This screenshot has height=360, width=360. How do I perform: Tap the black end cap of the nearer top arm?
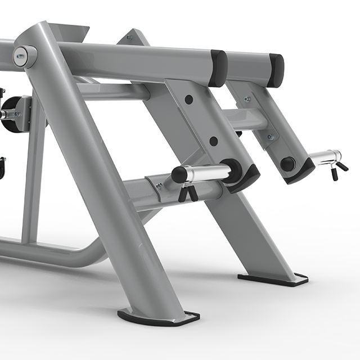click(x=218, y=68)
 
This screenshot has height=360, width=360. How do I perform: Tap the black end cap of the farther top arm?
click(x=276, y=70)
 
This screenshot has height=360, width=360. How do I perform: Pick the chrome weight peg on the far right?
click(x=325, y=157)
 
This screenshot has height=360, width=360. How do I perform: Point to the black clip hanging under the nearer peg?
click(x=187, y=193)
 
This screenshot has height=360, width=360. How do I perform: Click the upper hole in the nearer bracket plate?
click(x=188, y=100)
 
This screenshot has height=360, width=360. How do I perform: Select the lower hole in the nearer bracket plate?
click(x=213, y=141)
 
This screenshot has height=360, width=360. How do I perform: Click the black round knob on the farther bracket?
click(x=287, y=164)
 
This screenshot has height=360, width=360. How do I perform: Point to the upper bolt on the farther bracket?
click(x=246, y=100)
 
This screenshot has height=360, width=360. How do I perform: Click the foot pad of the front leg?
click(x=158, y=318)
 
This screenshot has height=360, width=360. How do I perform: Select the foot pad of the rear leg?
click(x=273, y=278)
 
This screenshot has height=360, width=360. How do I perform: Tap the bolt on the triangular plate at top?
click(x=129, y=38)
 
